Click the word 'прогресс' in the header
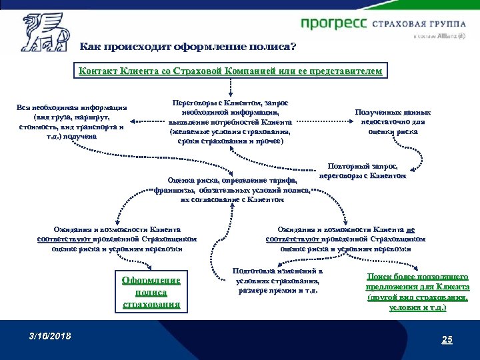click(333, 23)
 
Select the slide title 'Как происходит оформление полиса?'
click(189, 47)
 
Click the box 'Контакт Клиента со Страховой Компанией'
click(231, 71)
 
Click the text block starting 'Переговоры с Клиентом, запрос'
click(230, 122)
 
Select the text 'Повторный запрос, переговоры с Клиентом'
click(363, 171)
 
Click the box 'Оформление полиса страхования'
click(151, 292)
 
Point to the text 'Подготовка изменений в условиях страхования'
click(279, 281)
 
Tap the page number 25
click(446, 340)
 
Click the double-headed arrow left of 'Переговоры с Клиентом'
click(147, 121)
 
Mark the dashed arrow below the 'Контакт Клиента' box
click(231, 88)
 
